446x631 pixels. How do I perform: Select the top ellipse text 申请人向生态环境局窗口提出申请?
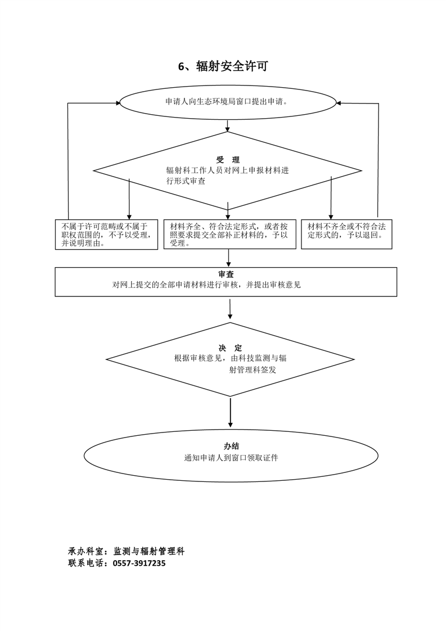click(x=227, y=102)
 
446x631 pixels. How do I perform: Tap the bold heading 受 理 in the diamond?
click(x=227, y=160)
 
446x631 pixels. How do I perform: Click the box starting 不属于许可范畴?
click(x=106, y=235)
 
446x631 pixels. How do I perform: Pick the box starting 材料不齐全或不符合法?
click(x=346, y=231)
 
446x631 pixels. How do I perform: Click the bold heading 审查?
click(x=226, y=274)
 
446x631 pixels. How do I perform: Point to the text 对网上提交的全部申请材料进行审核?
click(x=206, y=285)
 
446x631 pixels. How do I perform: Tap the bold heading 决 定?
click(x=230, y=348)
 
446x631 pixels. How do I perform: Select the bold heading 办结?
click(x=231, y=446)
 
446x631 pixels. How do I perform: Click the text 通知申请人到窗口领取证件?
click(x=231, y=458)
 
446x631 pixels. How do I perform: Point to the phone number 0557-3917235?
click(x=139, y=563)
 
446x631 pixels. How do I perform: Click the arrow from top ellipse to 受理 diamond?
click(x=227, y=125)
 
